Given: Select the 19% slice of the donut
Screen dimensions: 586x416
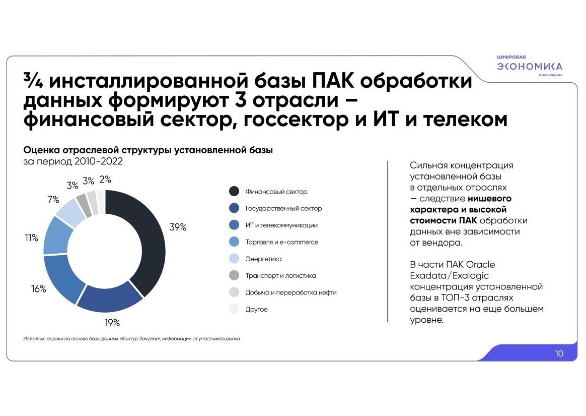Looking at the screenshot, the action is [x=109, y=298].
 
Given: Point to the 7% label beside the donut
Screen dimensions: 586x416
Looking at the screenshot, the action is [x=53, y=200].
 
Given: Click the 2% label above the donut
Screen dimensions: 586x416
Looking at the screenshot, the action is [x=105, y=180].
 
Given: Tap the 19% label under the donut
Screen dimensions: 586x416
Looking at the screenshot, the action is [x=112, y=322].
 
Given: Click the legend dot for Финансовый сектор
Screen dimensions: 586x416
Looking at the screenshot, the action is [x=234, y=191].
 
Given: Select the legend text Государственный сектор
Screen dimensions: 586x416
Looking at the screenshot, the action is [x=283, y=208].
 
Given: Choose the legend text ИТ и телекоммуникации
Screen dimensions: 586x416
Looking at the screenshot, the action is [x=281, y=225].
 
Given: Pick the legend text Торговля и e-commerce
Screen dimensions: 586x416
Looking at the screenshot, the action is [x=282, y=242].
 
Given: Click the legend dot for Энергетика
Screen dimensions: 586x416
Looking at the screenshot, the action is [x=234, y=259].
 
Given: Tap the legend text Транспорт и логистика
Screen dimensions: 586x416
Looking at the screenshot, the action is [x=281, y=276].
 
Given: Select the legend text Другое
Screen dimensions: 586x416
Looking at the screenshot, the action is [x=256, y=309].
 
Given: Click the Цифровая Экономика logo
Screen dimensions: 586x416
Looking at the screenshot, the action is [x=530, y=66].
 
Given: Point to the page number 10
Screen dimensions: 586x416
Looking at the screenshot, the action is [x=559, y=353].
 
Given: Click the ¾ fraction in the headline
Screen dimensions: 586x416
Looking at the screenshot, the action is [x=33, y=80].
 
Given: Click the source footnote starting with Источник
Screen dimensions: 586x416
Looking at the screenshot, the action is [x=131, y=338].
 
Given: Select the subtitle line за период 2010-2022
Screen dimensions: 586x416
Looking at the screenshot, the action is [x=73, y=161].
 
